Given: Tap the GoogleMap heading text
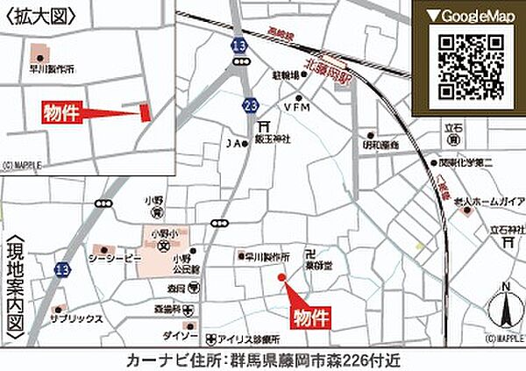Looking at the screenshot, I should click(x=472, y=16).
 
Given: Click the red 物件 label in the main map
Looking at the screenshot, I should click(x=310, y=316).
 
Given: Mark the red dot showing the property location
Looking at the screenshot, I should click(x=282, y=279).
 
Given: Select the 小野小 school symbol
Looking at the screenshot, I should click(x=163, y=246).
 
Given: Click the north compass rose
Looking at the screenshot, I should click(x=505, y=309).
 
